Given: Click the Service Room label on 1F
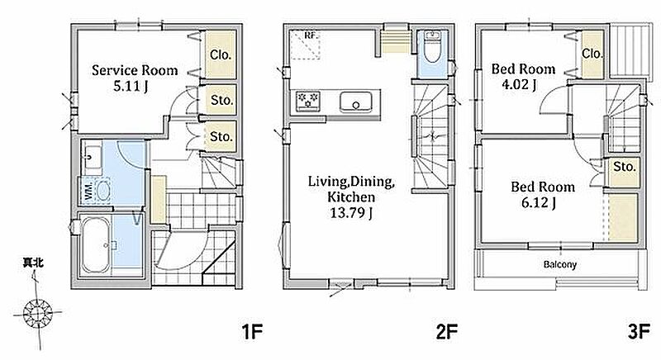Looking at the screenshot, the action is pos(135,70).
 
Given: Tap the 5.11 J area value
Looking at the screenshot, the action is pos(131,87).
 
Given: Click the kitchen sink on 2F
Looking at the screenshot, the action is pos(356,102).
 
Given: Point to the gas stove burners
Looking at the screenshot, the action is pos(307,100).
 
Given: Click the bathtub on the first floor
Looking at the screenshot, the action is pos(96,244).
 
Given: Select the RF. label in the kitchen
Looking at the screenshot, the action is pos(311,36).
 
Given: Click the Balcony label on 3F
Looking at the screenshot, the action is pos(560,265).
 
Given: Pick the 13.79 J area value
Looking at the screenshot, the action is pos(350,213).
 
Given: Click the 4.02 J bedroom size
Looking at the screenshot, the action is pos(519,84).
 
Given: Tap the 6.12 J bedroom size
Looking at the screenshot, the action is pos(539,203).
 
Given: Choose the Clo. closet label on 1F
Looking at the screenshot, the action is pos(221,54).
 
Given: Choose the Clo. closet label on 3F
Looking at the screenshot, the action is pos(592,54).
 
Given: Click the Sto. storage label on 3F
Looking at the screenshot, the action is pos(625,167).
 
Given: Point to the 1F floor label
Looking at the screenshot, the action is pos(252,332).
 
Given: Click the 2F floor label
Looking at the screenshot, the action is pos(446,332).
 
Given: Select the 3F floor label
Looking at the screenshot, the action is pos(639,332).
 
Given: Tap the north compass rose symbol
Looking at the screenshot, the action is pos(37,312).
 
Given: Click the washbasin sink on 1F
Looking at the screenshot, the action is pos(93,157).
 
